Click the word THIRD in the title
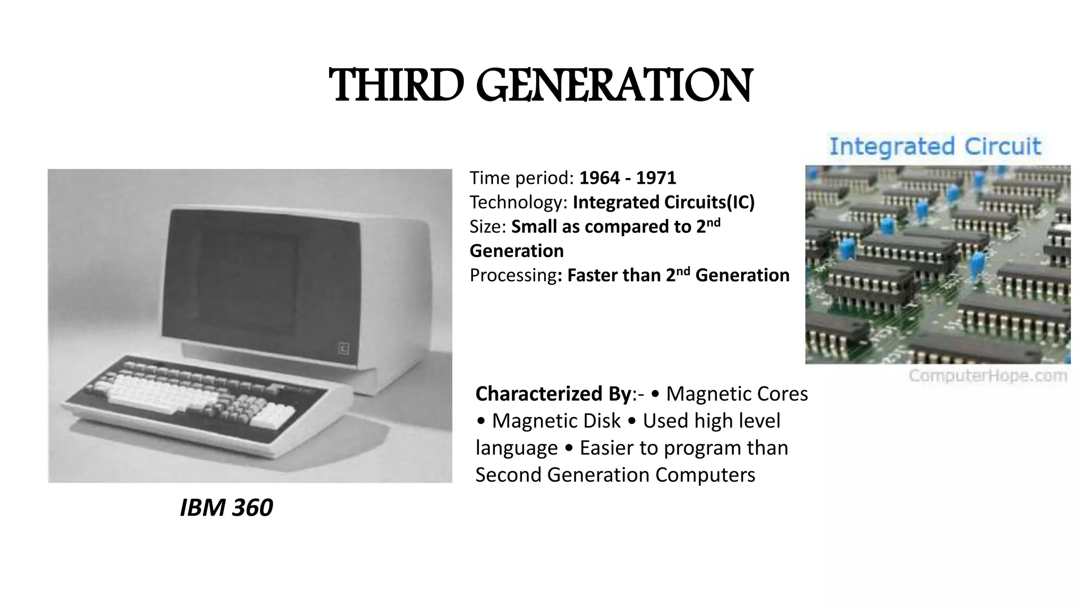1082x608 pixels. (396, 85)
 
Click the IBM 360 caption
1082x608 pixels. (226, 508)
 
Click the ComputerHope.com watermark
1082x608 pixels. (988, 376)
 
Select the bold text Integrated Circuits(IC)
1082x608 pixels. (664, 203)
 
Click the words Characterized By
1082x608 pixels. (553, 394)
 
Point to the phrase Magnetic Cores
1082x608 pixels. (737, 394)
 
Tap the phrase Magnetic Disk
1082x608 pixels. (556, 421)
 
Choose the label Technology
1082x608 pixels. (518, 203)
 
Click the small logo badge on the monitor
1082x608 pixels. (344, 348)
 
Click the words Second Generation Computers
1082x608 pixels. (615, 475)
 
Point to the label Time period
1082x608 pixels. (521, 178)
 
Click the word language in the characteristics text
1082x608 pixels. (516, 448)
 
